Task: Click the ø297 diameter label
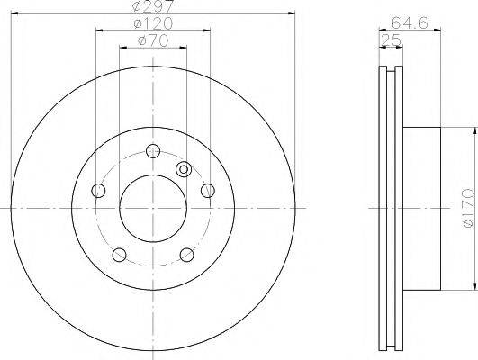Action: pyautogui.click(x=153, y=5)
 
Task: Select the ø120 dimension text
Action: pyautogui.click(x=153, y=23)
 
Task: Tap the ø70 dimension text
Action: pyautogui.click(x=153, y=40)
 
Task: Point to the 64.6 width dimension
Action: pyautogui.click(x=410, y=22)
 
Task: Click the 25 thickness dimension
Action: pyautogui.click(x=391, y=40)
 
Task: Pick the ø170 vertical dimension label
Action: pyautogui.click(x=469, y=208)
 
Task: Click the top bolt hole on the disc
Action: pyautogui.click(x=153, y=150)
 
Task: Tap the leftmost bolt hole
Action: pyautogui.click(x=98, y=191)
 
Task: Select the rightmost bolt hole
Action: pyautogui.click(x=208, y=191)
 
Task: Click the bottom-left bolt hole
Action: pyautogui.click(x=119, y=255)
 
